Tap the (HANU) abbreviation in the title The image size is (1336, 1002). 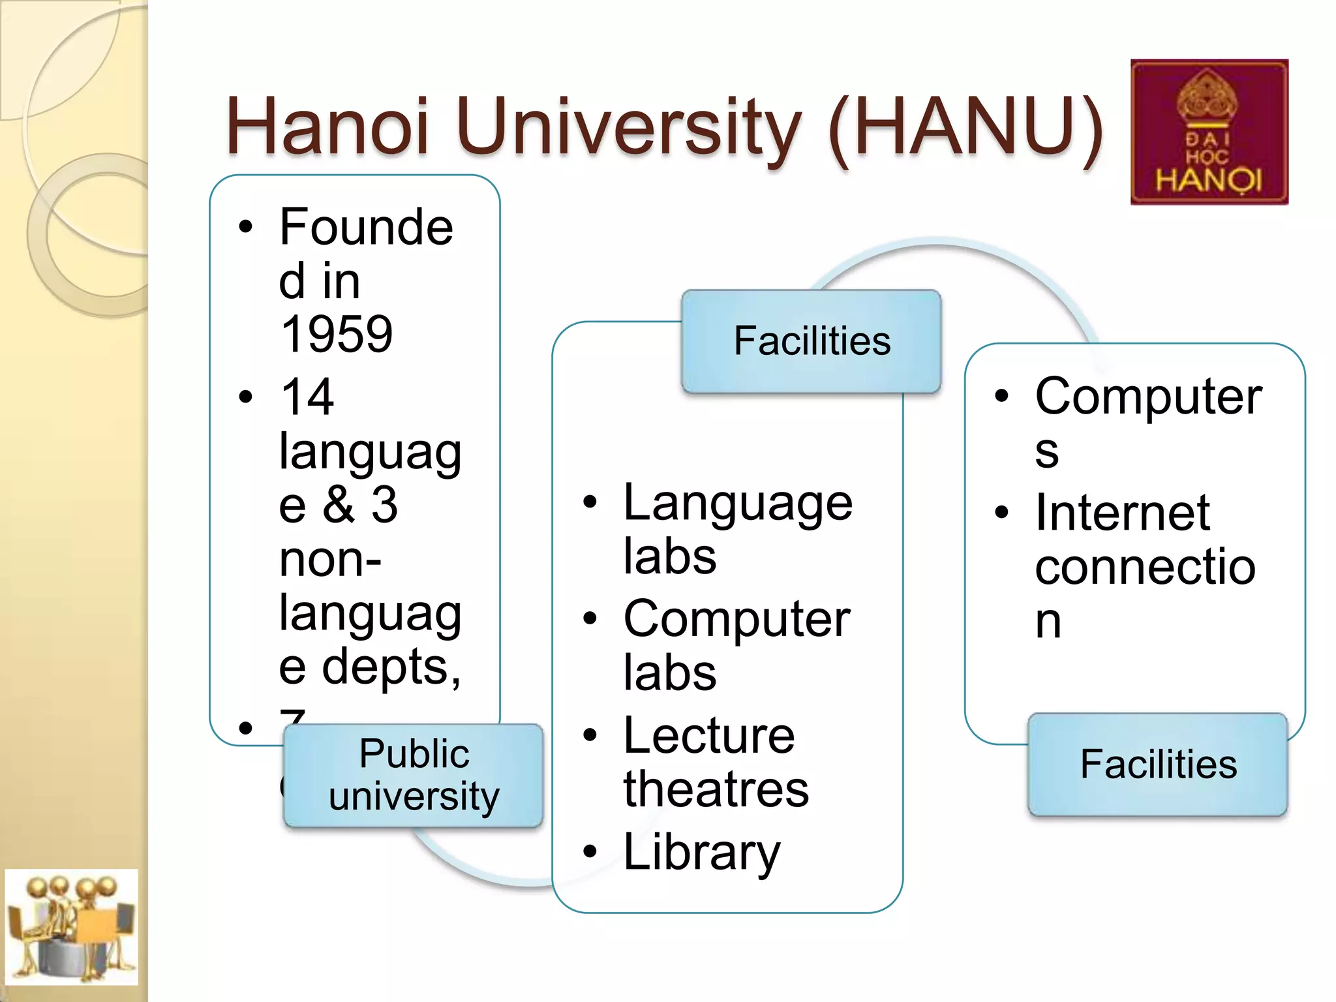coord(965,127)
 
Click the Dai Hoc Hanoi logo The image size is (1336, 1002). coord(1209,132)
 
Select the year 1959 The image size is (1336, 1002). coord(336,334)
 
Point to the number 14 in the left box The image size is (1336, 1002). coord(307,397)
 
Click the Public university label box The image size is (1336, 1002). coord(414,775)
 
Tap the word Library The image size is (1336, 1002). coord(701,852)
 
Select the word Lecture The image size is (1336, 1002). coord(709,736)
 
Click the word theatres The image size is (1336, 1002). coord(716,789)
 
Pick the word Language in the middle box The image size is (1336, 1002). coord(738,504)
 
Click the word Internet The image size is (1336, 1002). coord(1123,513)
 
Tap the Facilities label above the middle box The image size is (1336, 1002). coord(812,341)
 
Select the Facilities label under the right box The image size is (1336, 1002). coord(1158,765)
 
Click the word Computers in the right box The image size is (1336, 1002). coord(1148,398)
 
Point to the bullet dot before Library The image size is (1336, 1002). coord(590,851)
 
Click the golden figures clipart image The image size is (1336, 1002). coord(71,926)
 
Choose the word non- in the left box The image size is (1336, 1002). coord(330,560)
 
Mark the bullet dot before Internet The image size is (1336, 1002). coord(1001,513)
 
